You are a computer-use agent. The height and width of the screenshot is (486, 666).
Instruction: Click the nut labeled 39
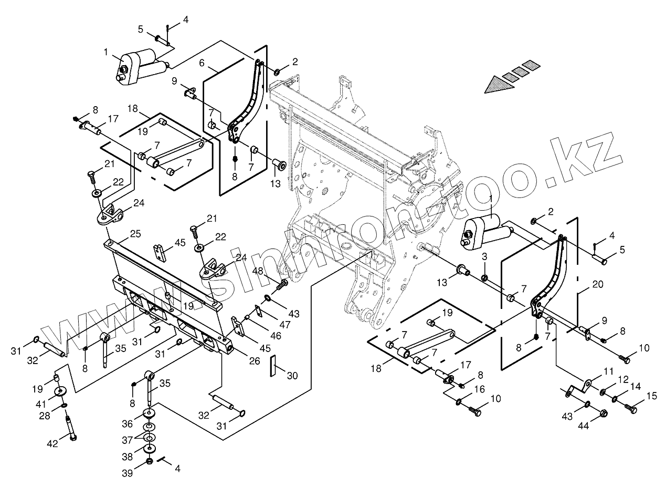point(149,461)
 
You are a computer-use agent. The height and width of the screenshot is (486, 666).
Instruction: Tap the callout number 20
point(597,284)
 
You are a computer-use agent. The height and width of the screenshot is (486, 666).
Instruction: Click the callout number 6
point(202,62)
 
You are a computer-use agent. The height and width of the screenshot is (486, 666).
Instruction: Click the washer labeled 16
point(459,402)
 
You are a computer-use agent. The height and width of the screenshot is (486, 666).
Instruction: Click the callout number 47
point(284,325)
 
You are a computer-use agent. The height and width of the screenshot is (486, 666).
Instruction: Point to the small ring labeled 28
point(64,406)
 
